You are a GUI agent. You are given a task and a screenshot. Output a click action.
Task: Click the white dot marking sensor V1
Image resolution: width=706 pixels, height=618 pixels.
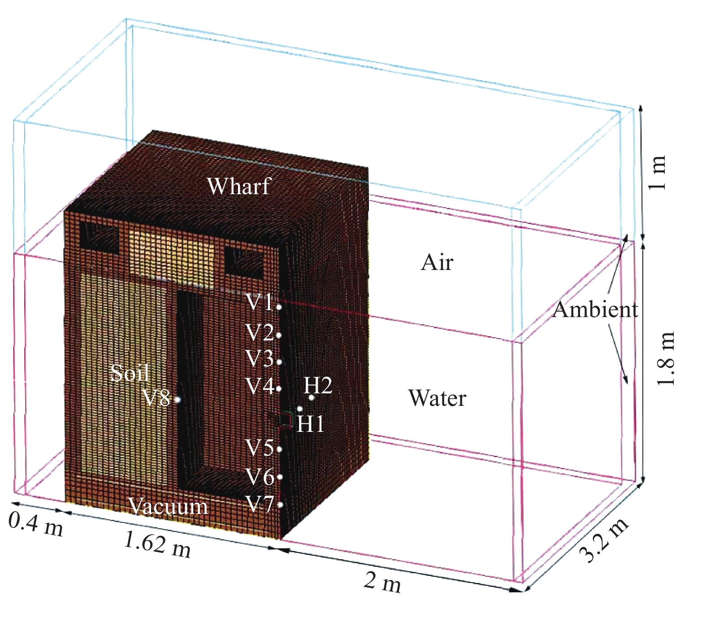tap(279, 307)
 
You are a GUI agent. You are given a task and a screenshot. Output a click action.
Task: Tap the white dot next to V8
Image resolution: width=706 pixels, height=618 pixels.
tap(177, 399)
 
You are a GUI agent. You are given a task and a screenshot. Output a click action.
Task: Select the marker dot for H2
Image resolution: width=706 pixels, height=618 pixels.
tap(312, 397)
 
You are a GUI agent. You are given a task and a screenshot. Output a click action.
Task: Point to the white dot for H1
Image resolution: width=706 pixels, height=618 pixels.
tap(300, 409)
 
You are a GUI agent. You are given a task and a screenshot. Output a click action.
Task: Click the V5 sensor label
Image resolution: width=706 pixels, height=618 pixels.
tap(260, 448)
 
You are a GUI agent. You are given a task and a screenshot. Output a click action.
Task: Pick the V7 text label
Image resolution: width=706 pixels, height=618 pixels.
tap(260, 505)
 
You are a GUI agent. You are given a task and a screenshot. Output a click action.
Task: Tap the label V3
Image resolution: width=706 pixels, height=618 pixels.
tap(260, 359)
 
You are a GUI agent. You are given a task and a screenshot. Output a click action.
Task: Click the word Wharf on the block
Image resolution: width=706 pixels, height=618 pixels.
tap(239, 186)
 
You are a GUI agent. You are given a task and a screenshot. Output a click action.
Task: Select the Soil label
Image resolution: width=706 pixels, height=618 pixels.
tap(130, 373)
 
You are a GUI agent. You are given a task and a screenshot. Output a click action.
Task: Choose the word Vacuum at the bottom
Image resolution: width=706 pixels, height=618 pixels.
tap(169, 506)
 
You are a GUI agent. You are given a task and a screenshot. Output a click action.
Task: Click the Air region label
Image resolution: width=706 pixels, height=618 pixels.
tap(437, 262)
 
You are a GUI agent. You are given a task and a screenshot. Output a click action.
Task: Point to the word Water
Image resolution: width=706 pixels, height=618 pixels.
tap(437, 398)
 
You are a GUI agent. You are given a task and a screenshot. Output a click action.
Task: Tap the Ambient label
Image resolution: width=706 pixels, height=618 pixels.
tap(595, 309)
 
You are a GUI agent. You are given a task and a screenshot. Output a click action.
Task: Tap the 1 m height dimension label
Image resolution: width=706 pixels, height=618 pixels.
tap(658, 173)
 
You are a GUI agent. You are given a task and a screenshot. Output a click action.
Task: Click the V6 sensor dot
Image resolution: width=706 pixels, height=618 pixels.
tap(280, 477)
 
